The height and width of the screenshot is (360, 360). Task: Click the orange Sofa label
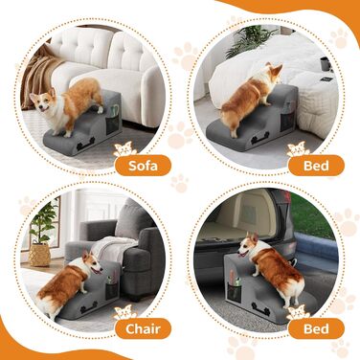coord(143,166)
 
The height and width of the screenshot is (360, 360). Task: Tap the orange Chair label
coord(143,328)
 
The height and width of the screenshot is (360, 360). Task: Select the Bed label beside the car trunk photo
coord(316,328)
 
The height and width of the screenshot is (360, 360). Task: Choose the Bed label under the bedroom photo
coord(316,166)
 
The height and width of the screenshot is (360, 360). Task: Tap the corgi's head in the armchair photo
coord(93,263)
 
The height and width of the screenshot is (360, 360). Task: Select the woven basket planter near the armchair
coord(39,255)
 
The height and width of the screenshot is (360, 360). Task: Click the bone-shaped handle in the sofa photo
coord(85,144)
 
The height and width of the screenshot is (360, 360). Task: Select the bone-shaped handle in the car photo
coord(261,308)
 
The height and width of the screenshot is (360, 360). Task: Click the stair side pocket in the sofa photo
coord(112,121)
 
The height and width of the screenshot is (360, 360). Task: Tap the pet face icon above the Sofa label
coord(124,149)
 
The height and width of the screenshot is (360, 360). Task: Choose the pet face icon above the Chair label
coord(125,313)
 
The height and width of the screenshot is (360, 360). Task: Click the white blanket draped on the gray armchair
coord(112,247)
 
